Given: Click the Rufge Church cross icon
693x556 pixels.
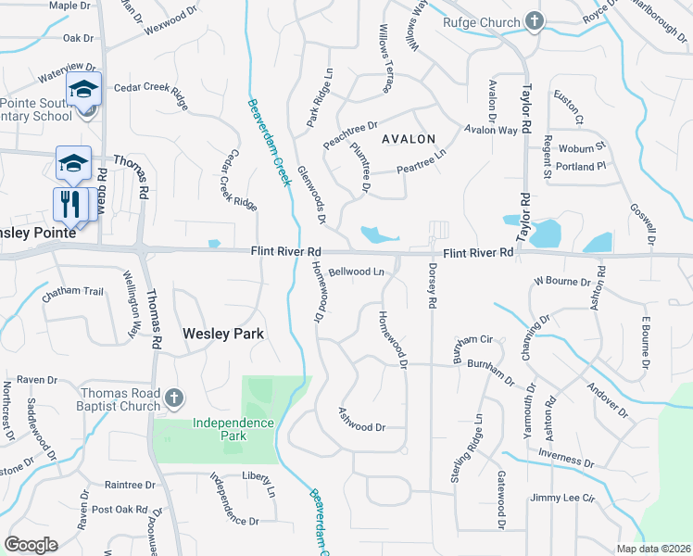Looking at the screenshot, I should pos(534,21).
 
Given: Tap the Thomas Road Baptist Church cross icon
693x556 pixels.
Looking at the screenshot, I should pos(173,398).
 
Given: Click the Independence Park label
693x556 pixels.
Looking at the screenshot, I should pos(233,428).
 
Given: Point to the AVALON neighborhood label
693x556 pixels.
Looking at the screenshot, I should pos(406,139).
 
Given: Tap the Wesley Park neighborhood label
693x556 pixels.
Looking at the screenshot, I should pos(223,334).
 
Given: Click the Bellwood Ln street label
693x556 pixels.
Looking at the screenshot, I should pos(356,272).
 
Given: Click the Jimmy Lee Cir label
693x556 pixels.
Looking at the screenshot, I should pos(562,499).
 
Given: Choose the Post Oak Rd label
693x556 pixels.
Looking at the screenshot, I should pos(120,510).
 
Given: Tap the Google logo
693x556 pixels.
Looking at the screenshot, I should pos(31,545).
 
